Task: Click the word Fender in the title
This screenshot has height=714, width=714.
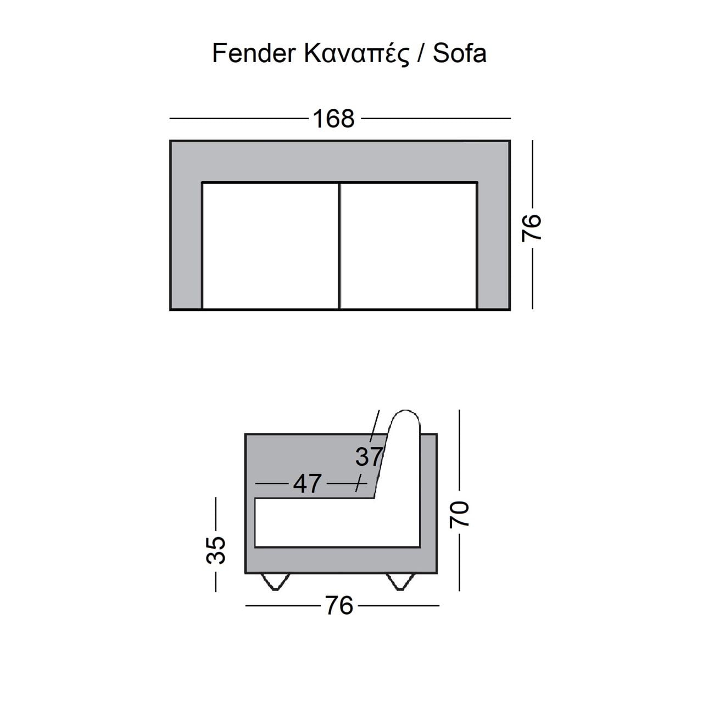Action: click(253, 53)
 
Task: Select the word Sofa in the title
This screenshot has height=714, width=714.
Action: click(460, 53)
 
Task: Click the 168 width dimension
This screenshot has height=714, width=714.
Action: click(334, 119)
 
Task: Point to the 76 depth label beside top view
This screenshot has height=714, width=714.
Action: click(532, 228)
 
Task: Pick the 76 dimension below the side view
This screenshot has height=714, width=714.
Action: click(339, 606)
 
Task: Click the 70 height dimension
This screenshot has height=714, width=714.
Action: click(460, 514)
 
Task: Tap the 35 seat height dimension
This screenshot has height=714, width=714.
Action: click(216, 550)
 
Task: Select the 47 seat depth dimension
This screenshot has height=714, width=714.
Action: click(307, 483)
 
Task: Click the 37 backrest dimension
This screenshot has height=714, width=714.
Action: click(369, 456)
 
